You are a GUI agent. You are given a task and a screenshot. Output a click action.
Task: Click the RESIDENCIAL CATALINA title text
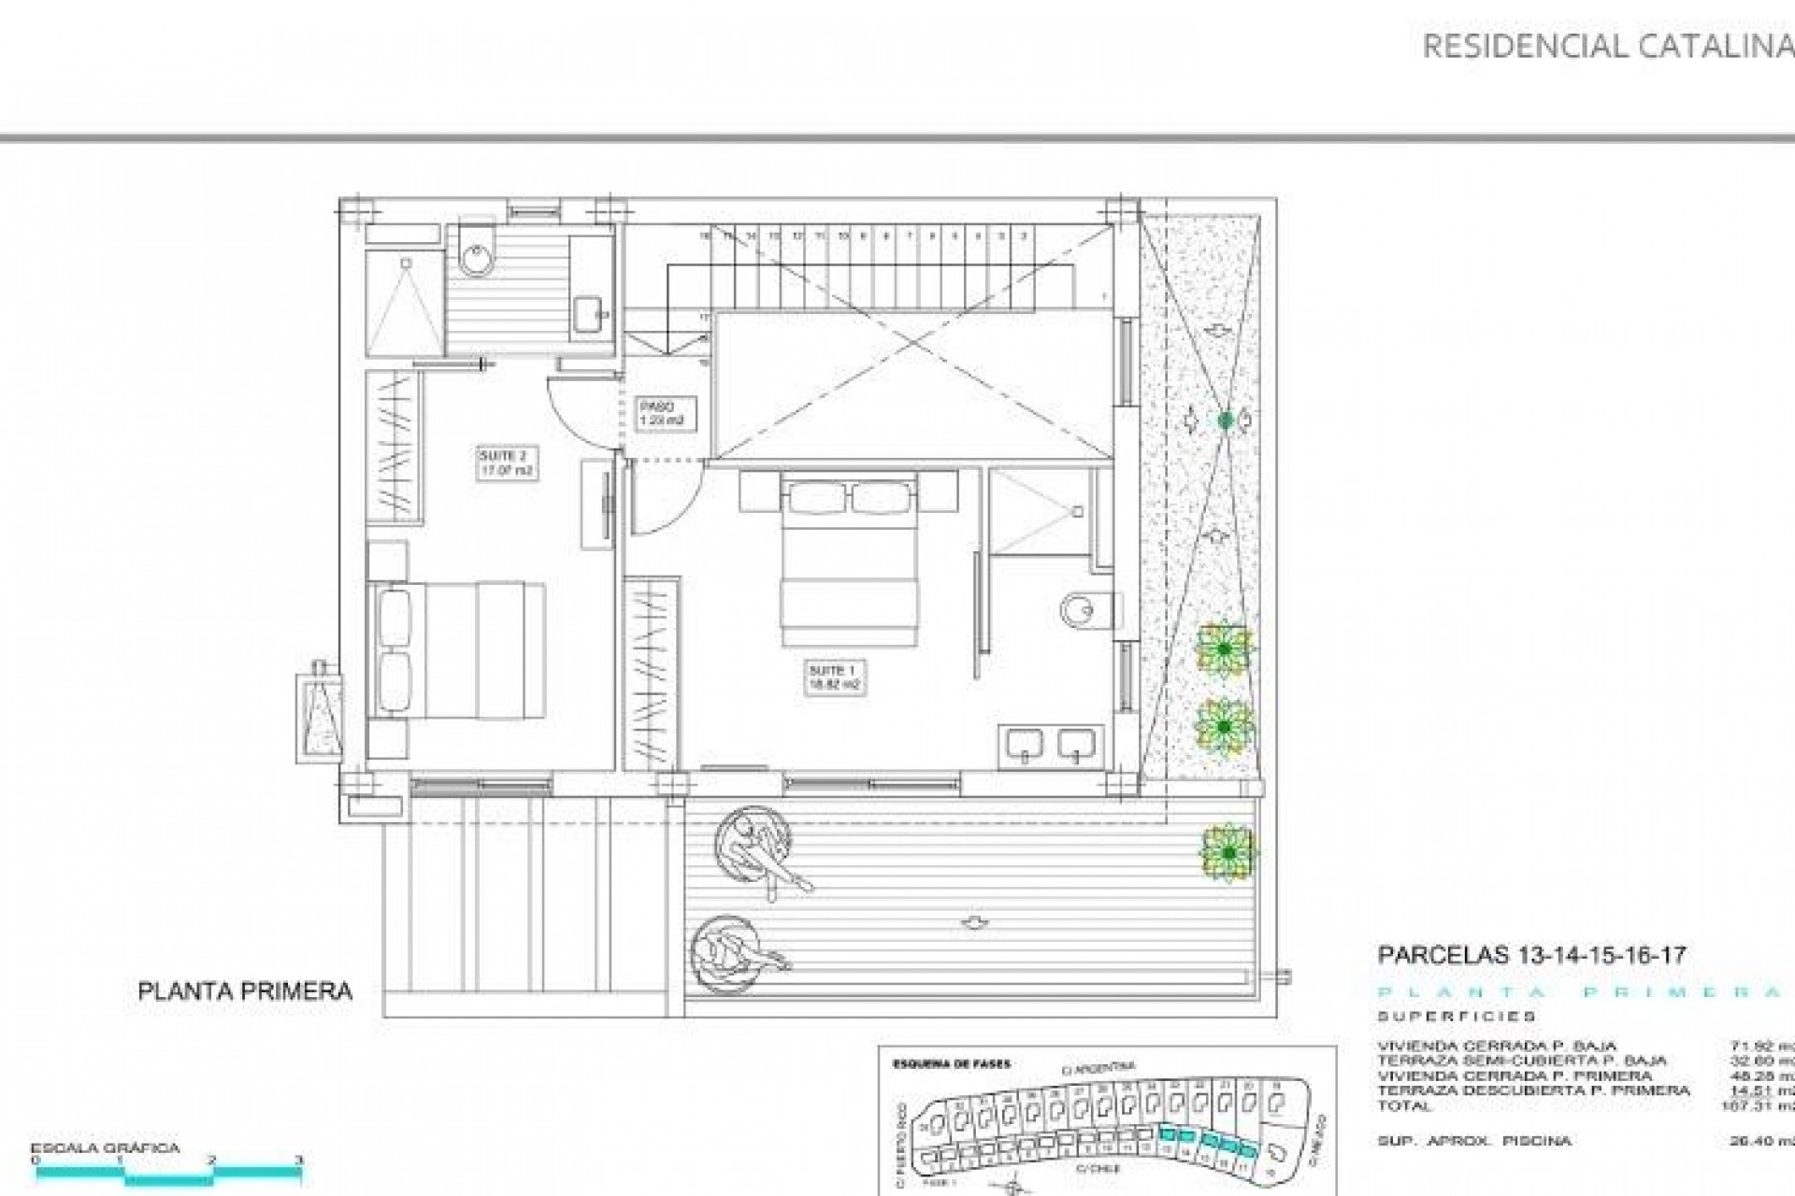pos(1606,46)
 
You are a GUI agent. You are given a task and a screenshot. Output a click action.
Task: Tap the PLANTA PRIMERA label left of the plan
pos(245,991)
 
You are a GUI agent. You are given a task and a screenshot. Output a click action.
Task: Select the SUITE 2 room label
pos(506,463)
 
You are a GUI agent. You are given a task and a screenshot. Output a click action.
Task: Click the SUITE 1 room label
pos(834,677)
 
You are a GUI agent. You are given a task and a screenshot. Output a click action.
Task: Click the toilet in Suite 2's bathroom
pos(479,252)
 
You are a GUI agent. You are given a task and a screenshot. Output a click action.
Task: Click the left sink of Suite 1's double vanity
pos(1025,745)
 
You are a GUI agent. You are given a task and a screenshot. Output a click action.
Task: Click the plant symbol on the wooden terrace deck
pos(1228,852)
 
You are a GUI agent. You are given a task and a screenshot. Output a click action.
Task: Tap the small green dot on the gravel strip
pos(1226,420)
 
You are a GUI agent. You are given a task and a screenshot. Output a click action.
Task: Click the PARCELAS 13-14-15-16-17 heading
pos(1531,955)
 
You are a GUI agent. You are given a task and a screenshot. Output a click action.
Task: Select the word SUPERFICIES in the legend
pos(1456,1017)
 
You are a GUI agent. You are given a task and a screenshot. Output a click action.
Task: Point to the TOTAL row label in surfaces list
pos(1404,1105)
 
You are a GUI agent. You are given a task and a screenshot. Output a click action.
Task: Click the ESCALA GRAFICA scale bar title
pos(105,1148)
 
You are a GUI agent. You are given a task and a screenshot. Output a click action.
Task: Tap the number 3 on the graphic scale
pos(298,1160)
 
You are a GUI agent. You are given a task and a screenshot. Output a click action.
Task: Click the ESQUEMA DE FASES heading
pos(952,1063)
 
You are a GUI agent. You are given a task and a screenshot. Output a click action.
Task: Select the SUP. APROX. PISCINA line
pos(1474,1141)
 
